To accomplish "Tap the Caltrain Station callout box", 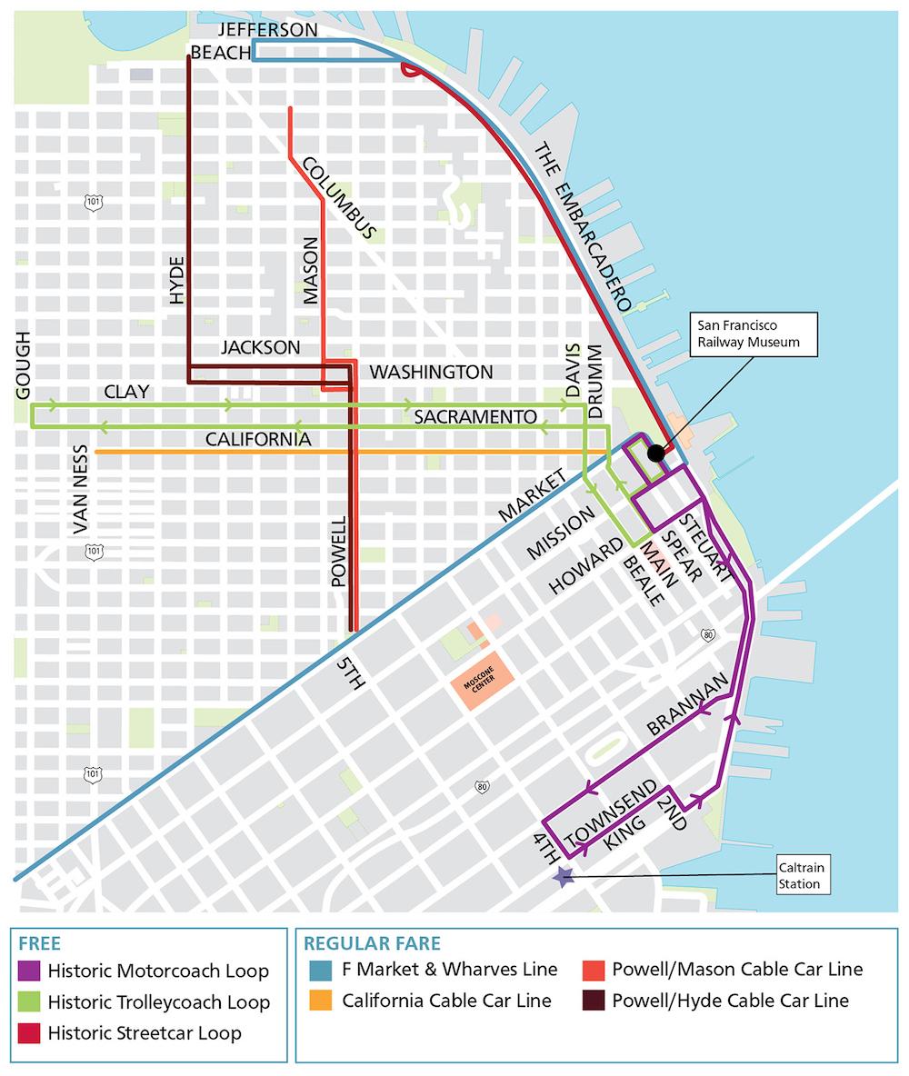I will coord(801,875).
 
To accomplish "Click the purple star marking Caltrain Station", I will coord(564,876).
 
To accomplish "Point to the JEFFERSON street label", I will coord(267,31).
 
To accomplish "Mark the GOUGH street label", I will coord(23,364).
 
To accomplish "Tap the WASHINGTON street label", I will coord(431,372).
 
